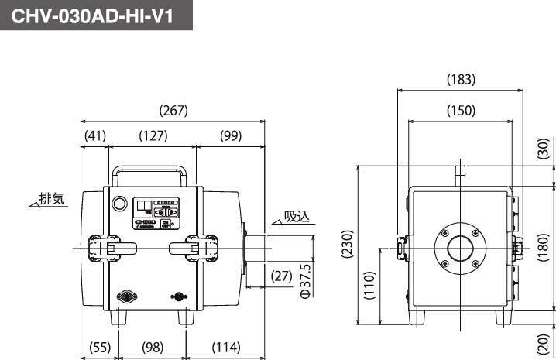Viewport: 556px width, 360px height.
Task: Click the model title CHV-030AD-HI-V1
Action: (x=97, y=15)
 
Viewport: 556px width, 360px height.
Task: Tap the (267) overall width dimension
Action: (x=173, y=111)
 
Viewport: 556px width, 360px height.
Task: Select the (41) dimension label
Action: (x=94, y=135)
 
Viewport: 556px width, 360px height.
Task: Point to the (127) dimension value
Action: (x=153, y=135)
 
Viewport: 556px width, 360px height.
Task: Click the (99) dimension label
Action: (x=230, y=135)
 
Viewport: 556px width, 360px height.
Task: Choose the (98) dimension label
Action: (x=153, y=347)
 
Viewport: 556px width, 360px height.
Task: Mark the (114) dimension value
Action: (x=227, y=347)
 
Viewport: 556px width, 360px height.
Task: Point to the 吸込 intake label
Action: (x=297, y=217)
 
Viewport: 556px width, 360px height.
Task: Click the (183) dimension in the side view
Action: (x=462, y=79)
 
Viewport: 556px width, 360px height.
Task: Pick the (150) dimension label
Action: (x=461, y=111)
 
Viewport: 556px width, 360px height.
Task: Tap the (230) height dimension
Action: (x=348, y=245)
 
